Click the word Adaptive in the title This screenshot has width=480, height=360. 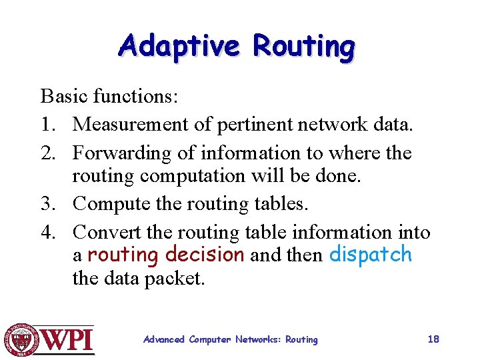178,47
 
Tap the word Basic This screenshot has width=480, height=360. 65,97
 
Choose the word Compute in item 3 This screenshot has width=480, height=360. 110,203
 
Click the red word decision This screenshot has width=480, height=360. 205,255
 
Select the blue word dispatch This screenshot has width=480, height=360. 371,255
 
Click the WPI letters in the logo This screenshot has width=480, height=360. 69,340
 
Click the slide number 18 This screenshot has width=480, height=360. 433,339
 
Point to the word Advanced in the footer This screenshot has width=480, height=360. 164,340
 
